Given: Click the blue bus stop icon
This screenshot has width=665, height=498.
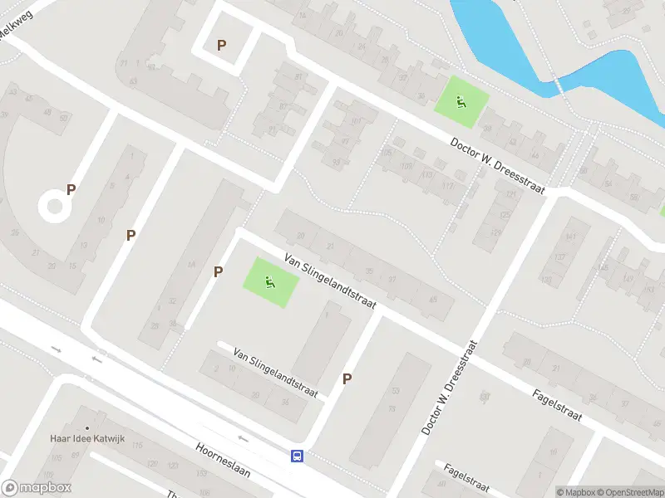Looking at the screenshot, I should (x=297, y=455).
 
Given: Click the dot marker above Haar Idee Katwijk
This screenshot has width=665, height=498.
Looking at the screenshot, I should (x=86, y=427).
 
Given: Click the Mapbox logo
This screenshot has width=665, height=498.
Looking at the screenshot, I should (x=37, y=488).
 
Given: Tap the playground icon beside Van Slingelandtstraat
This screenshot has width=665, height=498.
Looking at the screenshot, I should (x=269, y=282).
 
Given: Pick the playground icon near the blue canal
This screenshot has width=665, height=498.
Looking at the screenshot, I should (x=460, y=102).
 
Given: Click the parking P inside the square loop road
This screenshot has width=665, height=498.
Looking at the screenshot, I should (x=221, y=45).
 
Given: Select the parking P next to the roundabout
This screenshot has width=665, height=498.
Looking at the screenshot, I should (x=71, y=189).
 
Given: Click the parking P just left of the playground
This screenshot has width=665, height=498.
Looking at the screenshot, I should (x=218, y=271).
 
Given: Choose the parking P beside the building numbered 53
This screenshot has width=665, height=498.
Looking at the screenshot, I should (x=347, y=378).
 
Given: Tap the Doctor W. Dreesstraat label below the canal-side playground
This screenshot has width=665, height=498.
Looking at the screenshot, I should (x=497, y=166).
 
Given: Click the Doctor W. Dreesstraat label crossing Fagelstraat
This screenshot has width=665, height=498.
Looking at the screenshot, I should (x=450, y=388).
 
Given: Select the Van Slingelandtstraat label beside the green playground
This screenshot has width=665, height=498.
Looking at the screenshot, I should (x=330, y=282).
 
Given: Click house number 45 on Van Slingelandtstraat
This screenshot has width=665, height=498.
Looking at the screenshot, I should (x=431, y=300).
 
